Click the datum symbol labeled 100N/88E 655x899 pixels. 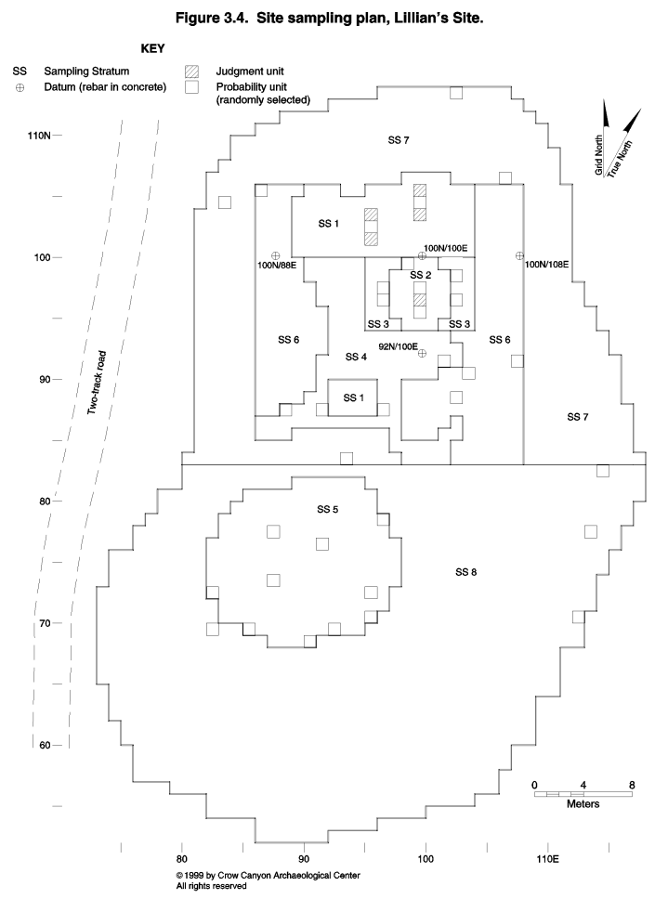click(275, 255)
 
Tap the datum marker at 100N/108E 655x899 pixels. click(519, 255)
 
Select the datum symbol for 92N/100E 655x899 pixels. click(422, 353)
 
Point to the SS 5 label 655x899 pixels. click(327, 509)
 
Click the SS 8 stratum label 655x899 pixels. click(465, 572)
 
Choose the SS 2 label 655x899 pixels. click(421, 275)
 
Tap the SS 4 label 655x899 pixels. click(356, 358)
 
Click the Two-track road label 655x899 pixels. click(97, 383)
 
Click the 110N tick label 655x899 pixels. click(39, 136)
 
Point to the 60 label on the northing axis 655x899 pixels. click(45, 746)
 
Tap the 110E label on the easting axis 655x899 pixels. click(548, 859)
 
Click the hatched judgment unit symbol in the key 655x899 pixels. click(191, 72)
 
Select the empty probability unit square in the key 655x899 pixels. click(191, 87)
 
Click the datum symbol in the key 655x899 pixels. click(20, 87)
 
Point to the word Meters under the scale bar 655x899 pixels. click(583, 804)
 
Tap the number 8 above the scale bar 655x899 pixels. click(632, 785)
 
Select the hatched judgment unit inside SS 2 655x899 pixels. click(421, 299)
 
